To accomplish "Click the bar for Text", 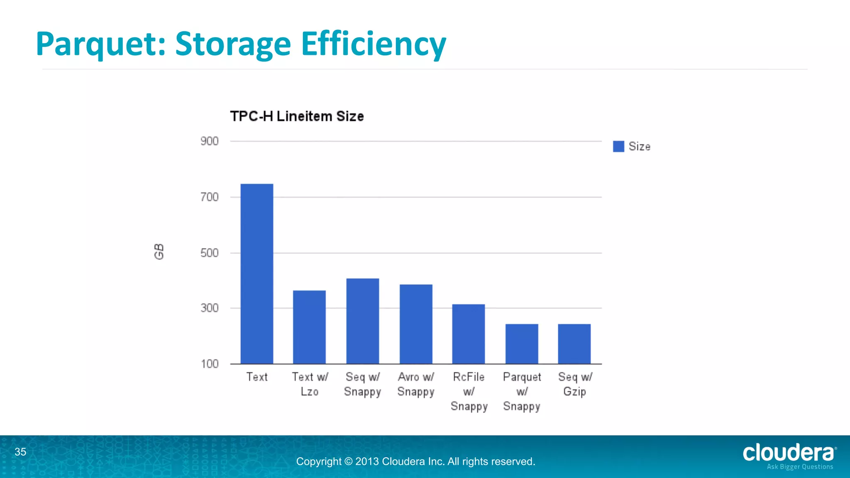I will pos(257,274).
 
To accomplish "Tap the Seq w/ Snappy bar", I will pos(362,321).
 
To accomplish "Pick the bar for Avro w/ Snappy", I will pos(416,324).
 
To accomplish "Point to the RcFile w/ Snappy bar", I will pos(469,334).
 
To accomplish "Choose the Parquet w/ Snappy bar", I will pos(522,344).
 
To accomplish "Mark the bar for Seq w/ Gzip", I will pos(574,344).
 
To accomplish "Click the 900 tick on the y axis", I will pos(210,141).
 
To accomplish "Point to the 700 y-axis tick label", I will pos(210,197).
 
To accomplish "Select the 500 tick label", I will pos(210,253).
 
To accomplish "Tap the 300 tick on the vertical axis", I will pos(210,308).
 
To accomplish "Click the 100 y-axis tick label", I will pos(210,364).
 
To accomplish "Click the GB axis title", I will pos(159,252).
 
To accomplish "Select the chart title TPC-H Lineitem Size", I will pos(297,117).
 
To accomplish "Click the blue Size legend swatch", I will pos(618,146).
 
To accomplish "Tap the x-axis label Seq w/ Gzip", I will pos(575,384).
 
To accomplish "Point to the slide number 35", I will pos(20,452).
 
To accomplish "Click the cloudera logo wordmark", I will pos(788,453).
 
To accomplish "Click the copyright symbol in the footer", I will pos(348,462).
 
